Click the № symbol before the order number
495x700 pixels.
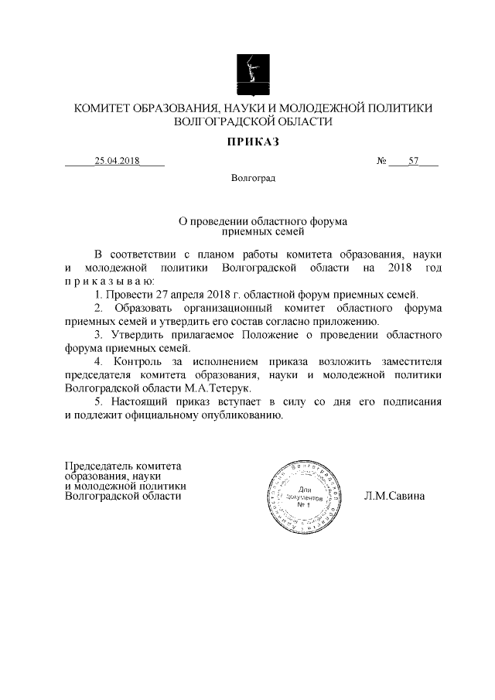[381, 162]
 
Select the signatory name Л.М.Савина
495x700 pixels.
[394, 496]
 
